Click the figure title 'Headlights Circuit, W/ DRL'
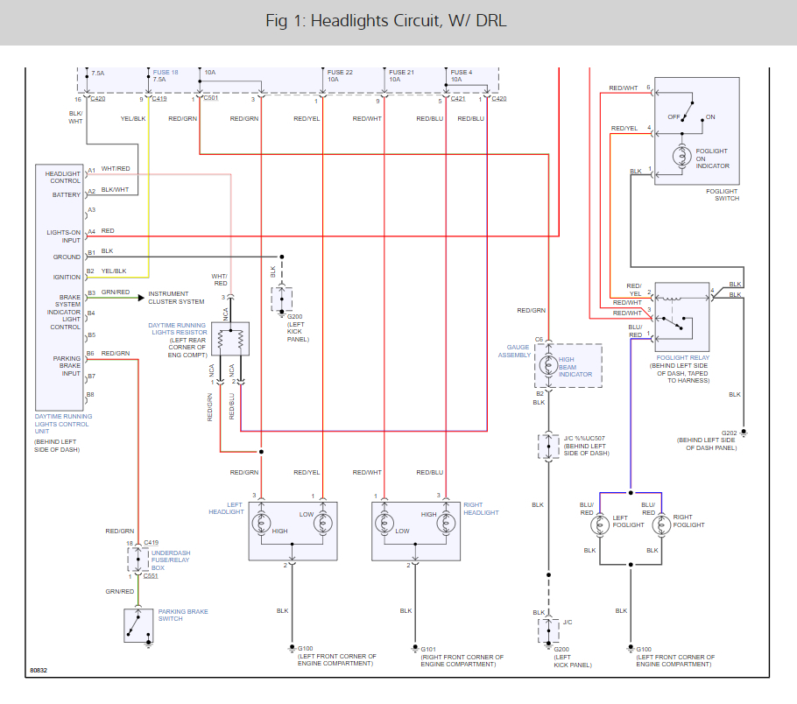click(386, 21)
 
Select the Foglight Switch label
click(722, 194)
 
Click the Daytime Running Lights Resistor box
click(231, 339)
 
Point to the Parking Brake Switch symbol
click(138, 625)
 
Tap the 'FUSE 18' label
click(166, 72)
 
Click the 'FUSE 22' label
click(340, 72)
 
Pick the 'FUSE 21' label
click(401, 72)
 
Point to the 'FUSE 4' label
click(461, 72)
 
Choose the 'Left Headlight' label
click(226, 509)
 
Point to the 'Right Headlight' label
click(481, 509)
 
